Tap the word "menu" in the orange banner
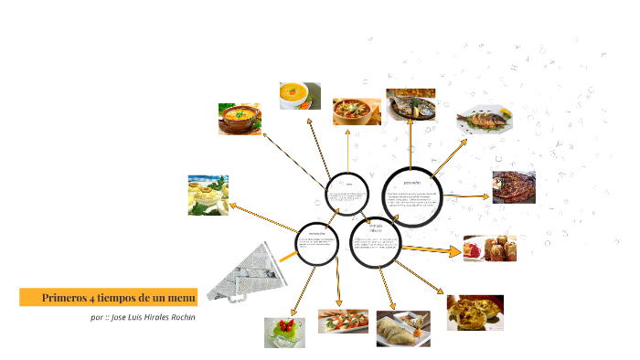click(179, 298)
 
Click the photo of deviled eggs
click(208, 195)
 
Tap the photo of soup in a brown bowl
click(240, 119)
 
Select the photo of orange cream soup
click(299, 96)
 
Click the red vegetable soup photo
click(357, 111)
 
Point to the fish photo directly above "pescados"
click(411, 105)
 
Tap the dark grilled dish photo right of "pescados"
click(514, 186)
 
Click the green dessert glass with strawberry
click(284, 332)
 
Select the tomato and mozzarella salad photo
click(343, 321)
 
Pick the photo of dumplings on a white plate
click(402, 329)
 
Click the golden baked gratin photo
click(475, 312)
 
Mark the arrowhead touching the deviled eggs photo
click(233, 206)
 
